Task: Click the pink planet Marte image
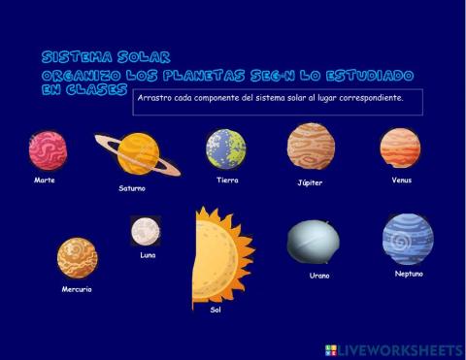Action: (x=48, y=150)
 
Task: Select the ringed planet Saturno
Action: (x=138, y=153)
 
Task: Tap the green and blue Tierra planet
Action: (x=225, y=148)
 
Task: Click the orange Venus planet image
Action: (x=400, y=147)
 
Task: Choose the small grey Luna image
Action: (x=146, y=232)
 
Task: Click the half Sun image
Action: (x=219, y=255)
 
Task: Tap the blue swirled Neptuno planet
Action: (x=407, y=239)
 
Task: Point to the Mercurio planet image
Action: (x=77, y=258)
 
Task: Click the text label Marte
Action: (x=45, y=180)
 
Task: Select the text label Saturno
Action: (x=132, y=188)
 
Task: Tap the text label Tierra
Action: (x=227, y=180)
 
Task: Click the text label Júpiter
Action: (x=310, y=182)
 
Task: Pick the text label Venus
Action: (x=402, y=180)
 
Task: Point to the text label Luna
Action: (x=148, y=255)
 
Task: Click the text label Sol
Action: (x=216, y=311)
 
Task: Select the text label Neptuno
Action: (x=409, y=274)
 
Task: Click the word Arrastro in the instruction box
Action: (x=154, y=97)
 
